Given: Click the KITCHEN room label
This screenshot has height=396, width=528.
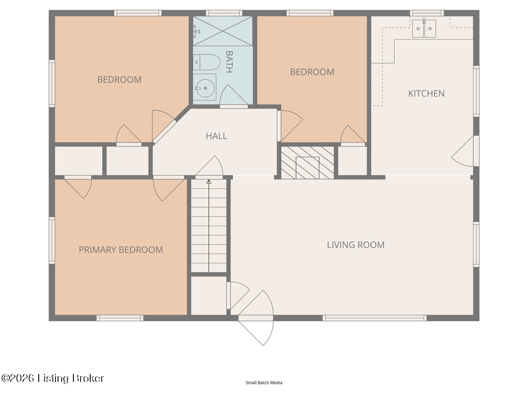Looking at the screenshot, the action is [426, 94].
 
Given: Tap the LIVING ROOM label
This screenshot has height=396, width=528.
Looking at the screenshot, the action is [356, 245].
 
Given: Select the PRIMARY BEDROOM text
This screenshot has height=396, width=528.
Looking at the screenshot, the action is [121, 250].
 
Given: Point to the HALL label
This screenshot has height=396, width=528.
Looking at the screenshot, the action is [216, 136].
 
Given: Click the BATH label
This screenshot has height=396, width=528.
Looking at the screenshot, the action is [229, 62].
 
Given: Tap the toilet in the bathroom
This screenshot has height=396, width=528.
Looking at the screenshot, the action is [207, 62].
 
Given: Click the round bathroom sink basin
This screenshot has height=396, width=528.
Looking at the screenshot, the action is [205, 88].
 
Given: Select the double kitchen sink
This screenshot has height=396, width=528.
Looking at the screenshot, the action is [424, 29].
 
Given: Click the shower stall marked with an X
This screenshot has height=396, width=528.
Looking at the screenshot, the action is [223, 31].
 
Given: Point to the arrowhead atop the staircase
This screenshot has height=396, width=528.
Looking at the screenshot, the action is [209, 182].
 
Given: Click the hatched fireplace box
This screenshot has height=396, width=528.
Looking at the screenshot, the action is [308, 162].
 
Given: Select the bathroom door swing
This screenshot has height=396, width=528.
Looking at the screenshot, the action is [234, 96].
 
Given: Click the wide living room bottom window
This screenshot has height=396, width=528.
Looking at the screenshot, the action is [374, 318].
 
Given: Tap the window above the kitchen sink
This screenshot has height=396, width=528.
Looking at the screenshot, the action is [427, 13].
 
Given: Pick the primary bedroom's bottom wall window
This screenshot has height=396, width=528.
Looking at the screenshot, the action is [120, 318].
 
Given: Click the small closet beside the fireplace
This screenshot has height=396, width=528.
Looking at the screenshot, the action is [352, 161].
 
